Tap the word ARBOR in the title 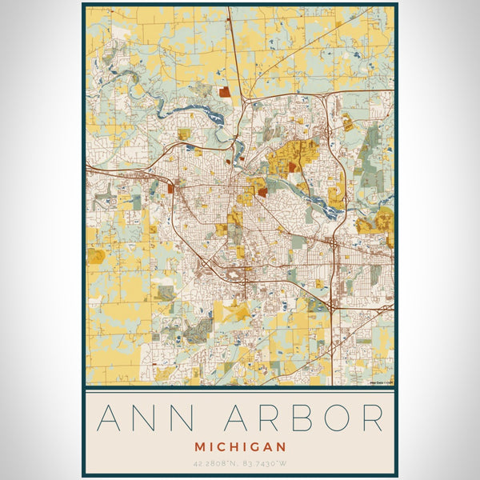[x=309, y=418]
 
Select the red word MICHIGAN [x=239, y=445]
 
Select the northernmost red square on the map [x=225, y=93]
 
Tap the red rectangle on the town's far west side [x=170, y=189]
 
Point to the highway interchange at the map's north [x=246, y=101]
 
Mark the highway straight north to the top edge [x=231, y=48]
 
